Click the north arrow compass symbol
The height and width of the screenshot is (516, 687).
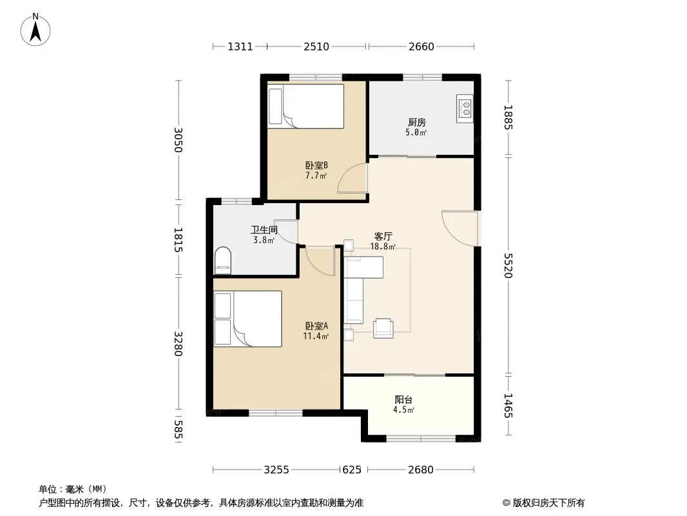click(35, 30)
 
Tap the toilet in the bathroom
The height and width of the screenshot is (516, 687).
click(223, 261)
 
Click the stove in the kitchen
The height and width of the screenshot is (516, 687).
click(465, 108)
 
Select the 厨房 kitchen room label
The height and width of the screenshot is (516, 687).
click(417, 122)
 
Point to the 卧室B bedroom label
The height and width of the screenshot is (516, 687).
click(316, 165)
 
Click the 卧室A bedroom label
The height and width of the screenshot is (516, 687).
click(316, 326)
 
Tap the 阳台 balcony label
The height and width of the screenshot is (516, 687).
click(403, 399)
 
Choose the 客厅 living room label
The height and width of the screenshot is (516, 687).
click(383, 236)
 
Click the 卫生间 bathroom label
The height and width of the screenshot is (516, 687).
click(264, 230)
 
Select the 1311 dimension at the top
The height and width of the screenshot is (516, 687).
click(240, 46)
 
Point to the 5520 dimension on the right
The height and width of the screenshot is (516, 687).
click(508, 265)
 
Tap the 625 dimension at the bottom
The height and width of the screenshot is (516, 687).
click(352, 470)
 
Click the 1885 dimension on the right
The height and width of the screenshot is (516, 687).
click(508, 117)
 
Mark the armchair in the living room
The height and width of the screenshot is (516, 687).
click(383, 328)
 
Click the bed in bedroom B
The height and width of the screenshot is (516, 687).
click(306, 106)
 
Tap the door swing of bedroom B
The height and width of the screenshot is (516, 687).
click(353, 178)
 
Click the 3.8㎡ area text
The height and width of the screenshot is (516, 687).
click(264, 240)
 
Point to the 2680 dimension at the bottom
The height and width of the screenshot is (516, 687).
click(421, 470)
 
